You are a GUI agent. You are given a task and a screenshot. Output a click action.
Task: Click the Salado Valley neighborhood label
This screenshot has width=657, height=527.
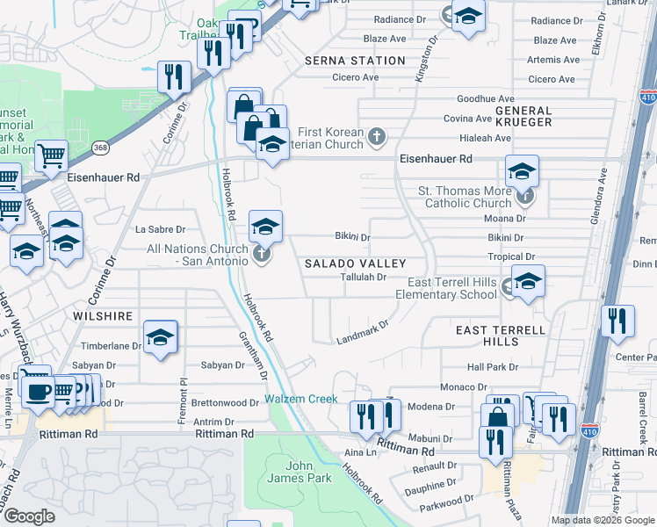tap(355, 263)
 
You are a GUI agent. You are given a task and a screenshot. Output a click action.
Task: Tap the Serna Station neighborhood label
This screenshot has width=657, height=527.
tap(355, 61)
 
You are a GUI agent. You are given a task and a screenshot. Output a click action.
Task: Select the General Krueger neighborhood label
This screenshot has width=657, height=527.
tap(523, 116)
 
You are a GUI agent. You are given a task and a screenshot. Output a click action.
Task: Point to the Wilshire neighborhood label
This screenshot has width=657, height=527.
tap(104, 316)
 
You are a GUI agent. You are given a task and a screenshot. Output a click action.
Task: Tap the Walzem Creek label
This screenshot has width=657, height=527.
tap(301, 399)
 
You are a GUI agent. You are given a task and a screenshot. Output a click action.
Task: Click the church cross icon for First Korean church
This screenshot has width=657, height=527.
tap(377, 135)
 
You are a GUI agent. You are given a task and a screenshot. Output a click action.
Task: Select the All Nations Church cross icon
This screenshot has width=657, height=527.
tap(261, 255)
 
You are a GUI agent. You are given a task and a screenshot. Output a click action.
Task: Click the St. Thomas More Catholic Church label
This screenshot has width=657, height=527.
tap(464, 197)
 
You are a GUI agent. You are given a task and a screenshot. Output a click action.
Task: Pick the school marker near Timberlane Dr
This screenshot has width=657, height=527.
tap(161, 337)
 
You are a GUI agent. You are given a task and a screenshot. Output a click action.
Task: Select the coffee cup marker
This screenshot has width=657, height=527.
tap(39, 392)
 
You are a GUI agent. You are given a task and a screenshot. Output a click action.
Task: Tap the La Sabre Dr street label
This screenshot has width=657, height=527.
tap(159, 229)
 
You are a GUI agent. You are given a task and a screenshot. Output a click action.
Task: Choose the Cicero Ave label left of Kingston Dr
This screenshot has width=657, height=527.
tap(355, 77)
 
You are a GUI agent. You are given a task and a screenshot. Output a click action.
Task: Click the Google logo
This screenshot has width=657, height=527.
tap(29, 516)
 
